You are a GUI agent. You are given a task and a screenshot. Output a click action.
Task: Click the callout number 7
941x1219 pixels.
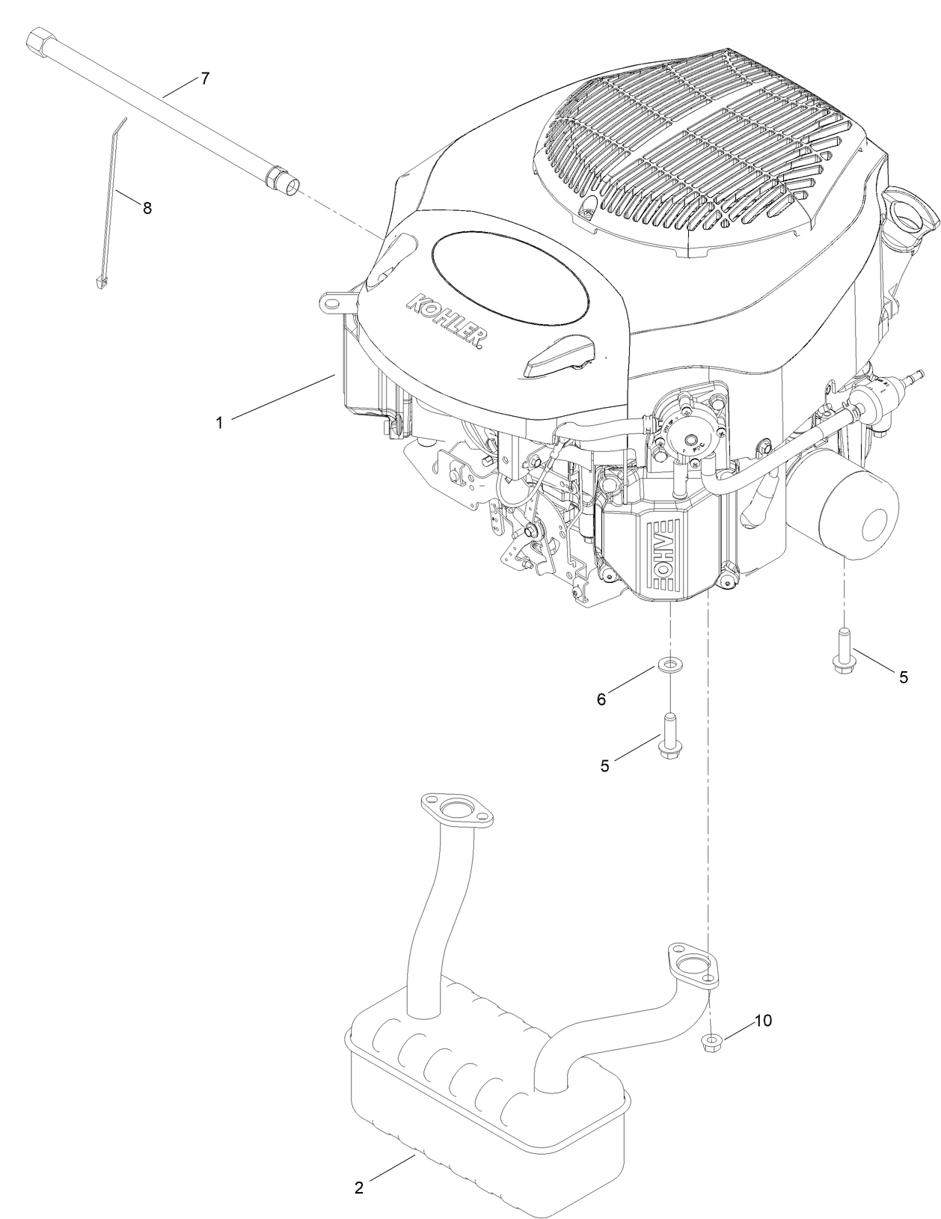205,78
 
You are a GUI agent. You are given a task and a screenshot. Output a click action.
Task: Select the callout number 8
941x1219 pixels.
147,209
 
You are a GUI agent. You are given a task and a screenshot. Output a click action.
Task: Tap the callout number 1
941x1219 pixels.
219,423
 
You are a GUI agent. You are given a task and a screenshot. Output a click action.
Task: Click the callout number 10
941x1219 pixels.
762,1021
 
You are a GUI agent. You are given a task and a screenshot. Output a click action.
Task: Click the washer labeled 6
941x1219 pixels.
669,663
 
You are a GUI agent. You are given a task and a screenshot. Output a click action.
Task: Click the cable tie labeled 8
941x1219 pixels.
112,202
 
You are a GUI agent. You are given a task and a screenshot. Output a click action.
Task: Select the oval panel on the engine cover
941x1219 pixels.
509,276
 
